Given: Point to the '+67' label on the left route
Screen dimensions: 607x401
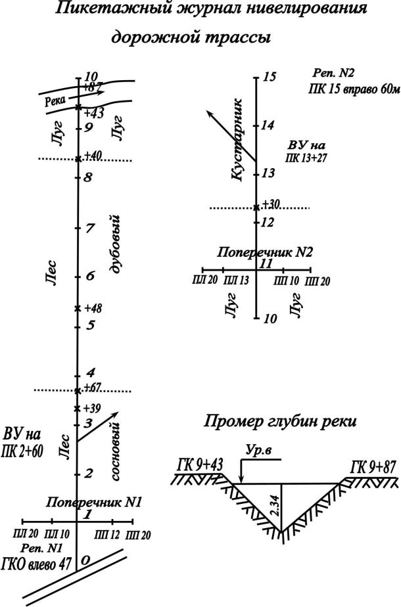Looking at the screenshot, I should tap(93, 387).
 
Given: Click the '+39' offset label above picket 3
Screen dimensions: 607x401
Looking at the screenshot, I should tap(93, 408).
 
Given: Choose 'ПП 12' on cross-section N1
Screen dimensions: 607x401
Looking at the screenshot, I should tap(107, 531).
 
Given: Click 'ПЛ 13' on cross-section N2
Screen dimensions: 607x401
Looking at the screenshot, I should tap(235, 281).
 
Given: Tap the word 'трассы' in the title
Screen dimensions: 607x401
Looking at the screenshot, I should tap(229, 38).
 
